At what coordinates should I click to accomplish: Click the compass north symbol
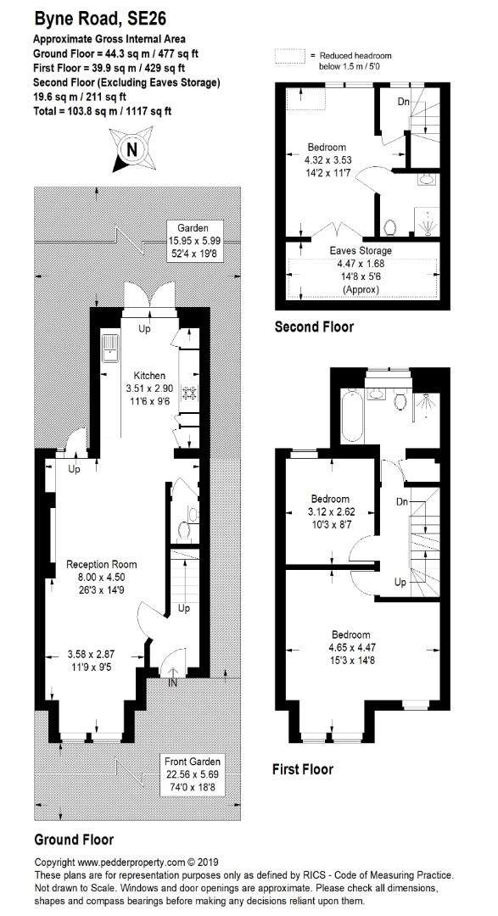coord(132,149)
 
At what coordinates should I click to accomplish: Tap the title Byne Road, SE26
coord(100,20)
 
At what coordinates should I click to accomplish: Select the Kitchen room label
coord(149,376)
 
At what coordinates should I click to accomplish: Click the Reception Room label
coord(102,564)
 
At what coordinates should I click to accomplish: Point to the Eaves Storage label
coord(361,250)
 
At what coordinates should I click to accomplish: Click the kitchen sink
coord(109,349)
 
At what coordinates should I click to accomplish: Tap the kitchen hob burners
coord(190,393)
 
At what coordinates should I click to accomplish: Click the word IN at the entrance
coord(173,682)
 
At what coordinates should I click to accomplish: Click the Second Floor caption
coord(315,327)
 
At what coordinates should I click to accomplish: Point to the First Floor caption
coord(303,769)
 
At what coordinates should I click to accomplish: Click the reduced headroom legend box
coord(290,56)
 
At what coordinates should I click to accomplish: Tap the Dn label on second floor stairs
coord(403,102)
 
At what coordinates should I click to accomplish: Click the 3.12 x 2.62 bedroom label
coord(330,510)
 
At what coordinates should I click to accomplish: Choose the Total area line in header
coord(103,110)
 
